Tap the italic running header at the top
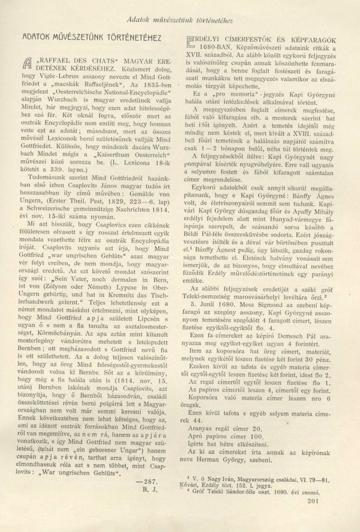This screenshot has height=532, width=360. tap(179, 21)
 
